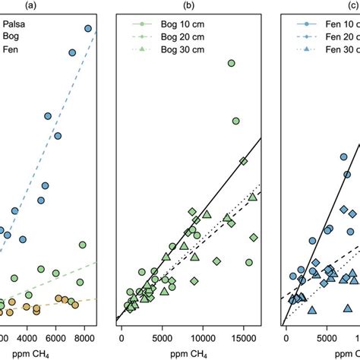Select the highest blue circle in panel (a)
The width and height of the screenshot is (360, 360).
(88, 28)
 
